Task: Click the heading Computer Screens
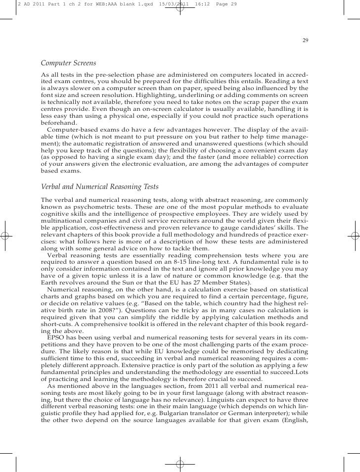click(68, 64)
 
